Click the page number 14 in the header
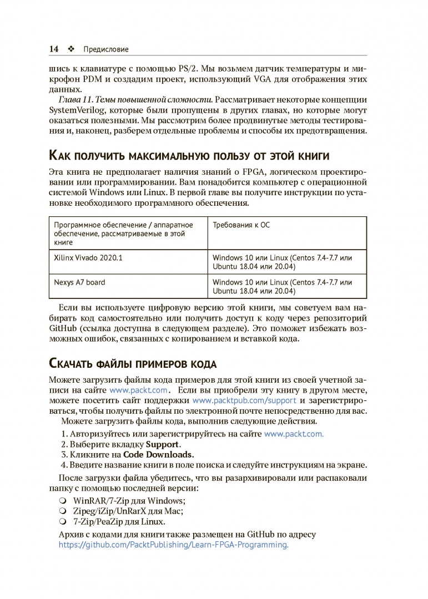54,49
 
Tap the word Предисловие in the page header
105,49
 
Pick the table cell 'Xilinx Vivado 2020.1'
88,258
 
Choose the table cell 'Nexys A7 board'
79,282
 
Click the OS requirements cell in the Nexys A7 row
282,286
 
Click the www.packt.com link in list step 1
294,434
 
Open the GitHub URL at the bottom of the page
174,545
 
